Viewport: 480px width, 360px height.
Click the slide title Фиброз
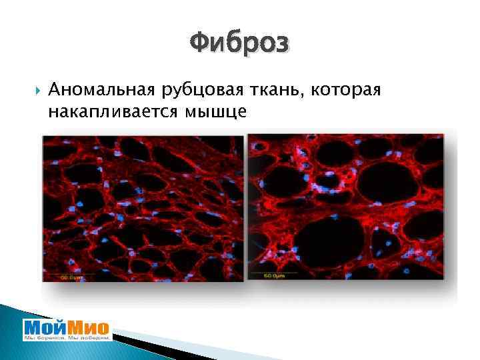pos(239,45)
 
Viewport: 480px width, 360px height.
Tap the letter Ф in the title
pos(199,45)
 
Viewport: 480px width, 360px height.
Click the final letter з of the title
pos(282,45)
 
